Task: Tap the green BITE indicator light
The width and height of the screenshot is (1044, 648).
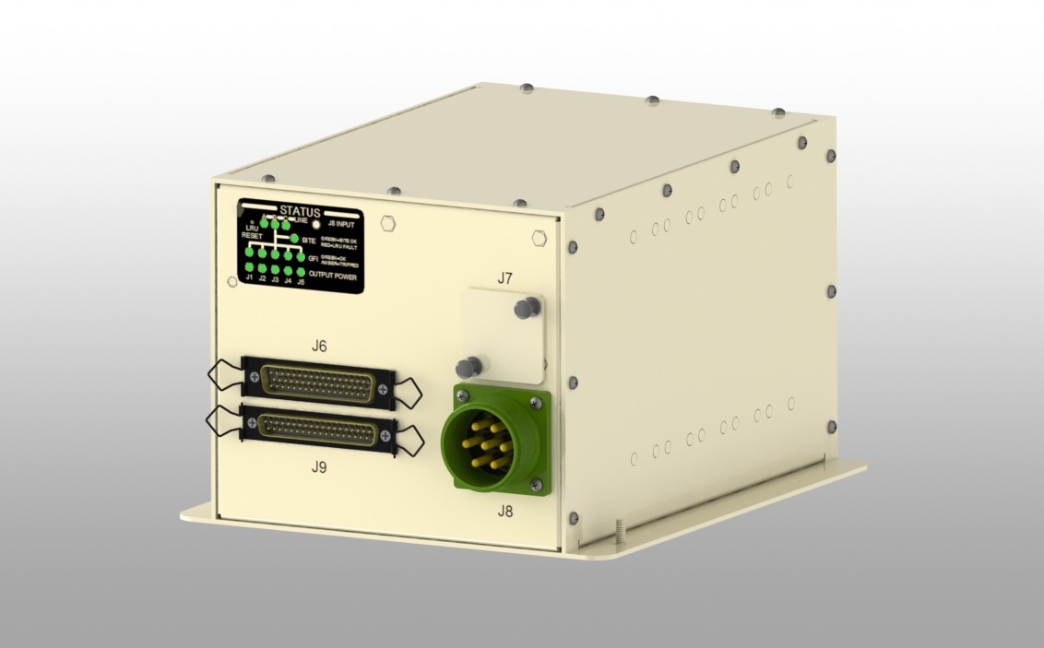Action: (x=295, y=240)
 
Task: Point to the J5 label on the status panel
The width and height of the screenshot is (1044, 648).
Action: (x=301, y=280)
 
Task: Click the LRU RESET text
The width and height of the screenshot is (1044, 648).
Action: (x=252, y=231)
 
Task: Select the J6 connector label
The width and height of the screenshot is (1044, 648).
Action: (x=318, y=347)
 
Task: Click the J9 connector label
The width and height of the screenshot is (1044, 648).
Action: (x=318, y=467)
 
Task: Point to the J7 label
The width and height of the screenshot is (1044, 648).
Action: (x=504, y=277)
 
